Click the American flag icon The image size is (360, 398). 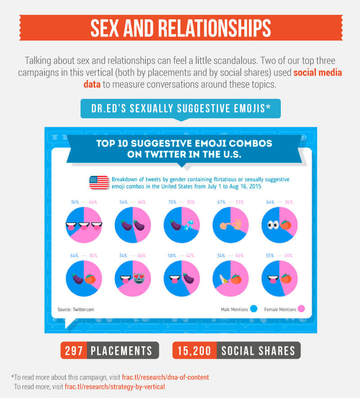(x=99, y=182)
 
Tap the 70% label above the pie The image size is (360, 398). (x=171, y=202)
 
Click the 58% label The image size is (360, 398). (x=171, y=255)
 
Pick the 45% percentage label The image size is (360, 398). (x=288, y=255)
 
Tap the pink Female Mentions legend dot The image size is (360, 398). (x=301, y=309)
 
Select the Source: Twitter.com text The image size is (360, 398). (x=76, y=309)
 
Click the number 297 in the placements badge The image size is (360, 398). (x=73, y=350)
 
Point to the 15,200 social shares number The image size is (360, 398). (x=194, y=350)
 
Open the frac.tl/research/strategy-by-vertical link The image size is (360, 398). (x=115, y=386)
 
